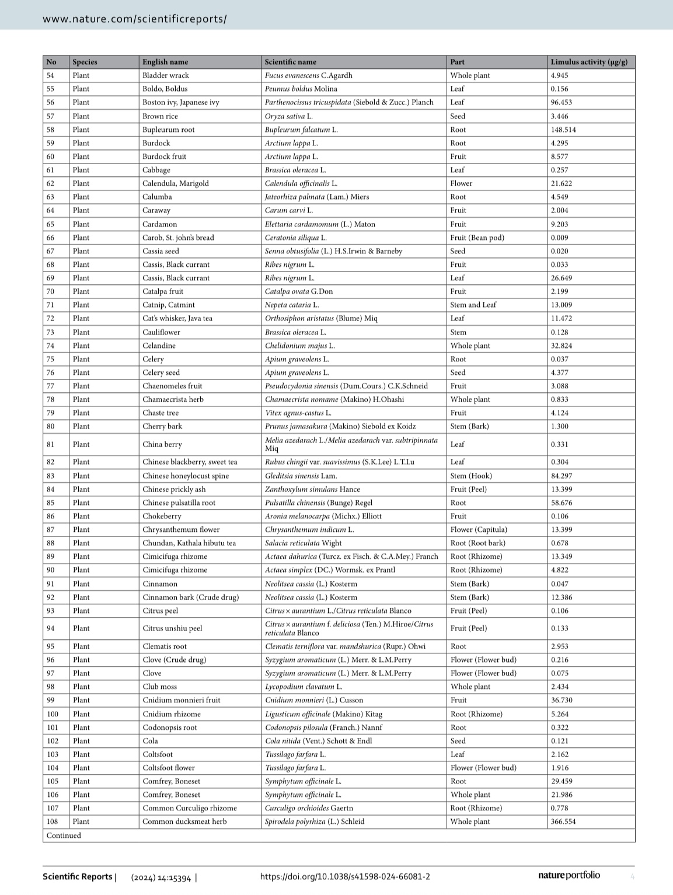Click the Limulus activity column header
pos(589,62)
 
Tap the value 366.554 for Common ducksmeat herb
pos(563,821)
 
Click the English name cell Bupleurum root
pos(168,130)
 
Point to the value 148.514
pos(563,130)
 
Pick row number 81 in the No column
pos(51,444)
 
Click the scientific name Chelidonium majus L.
pos(299,346)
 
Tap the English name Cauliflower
pos(161,332)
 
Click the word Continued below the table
pos(64,835)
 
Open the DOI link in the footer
pos(345,876)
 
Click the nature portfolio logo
pos(569,875)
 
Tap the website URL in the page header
pos(135,19)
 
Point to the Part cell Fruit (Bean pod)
pos(477,238)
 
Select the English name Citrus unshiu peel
pos(172,628)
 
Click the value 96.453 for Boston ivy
pos(561,102)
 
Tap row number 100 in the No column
pos(53,714)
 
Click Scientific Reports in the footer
pos(78,876)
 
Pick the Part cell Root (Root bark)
pos(477,543)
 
